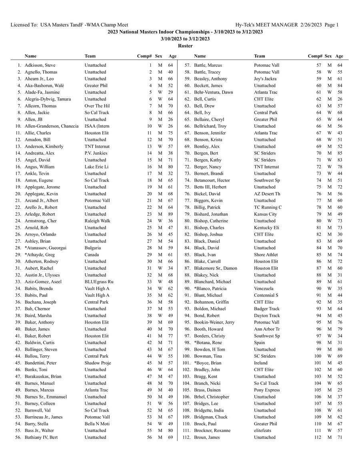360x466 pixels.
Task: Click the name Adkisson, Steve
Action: [40, 65]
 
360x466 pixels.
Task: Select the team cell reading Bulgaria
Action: [93, 248]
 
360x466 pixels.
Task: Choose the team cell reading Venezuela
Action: [263, 288]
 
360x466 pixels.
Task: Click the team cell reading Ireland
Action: [260, 363]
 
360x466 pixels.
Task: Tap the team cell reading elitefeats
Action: [264, 431]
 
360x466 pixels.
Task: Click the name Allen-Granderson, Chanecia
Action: [52, 126]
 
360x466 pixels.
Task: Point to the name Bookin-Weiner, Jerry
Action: [214, 322]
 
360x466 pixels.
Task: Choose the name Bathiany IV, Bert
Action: [41, 438]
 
